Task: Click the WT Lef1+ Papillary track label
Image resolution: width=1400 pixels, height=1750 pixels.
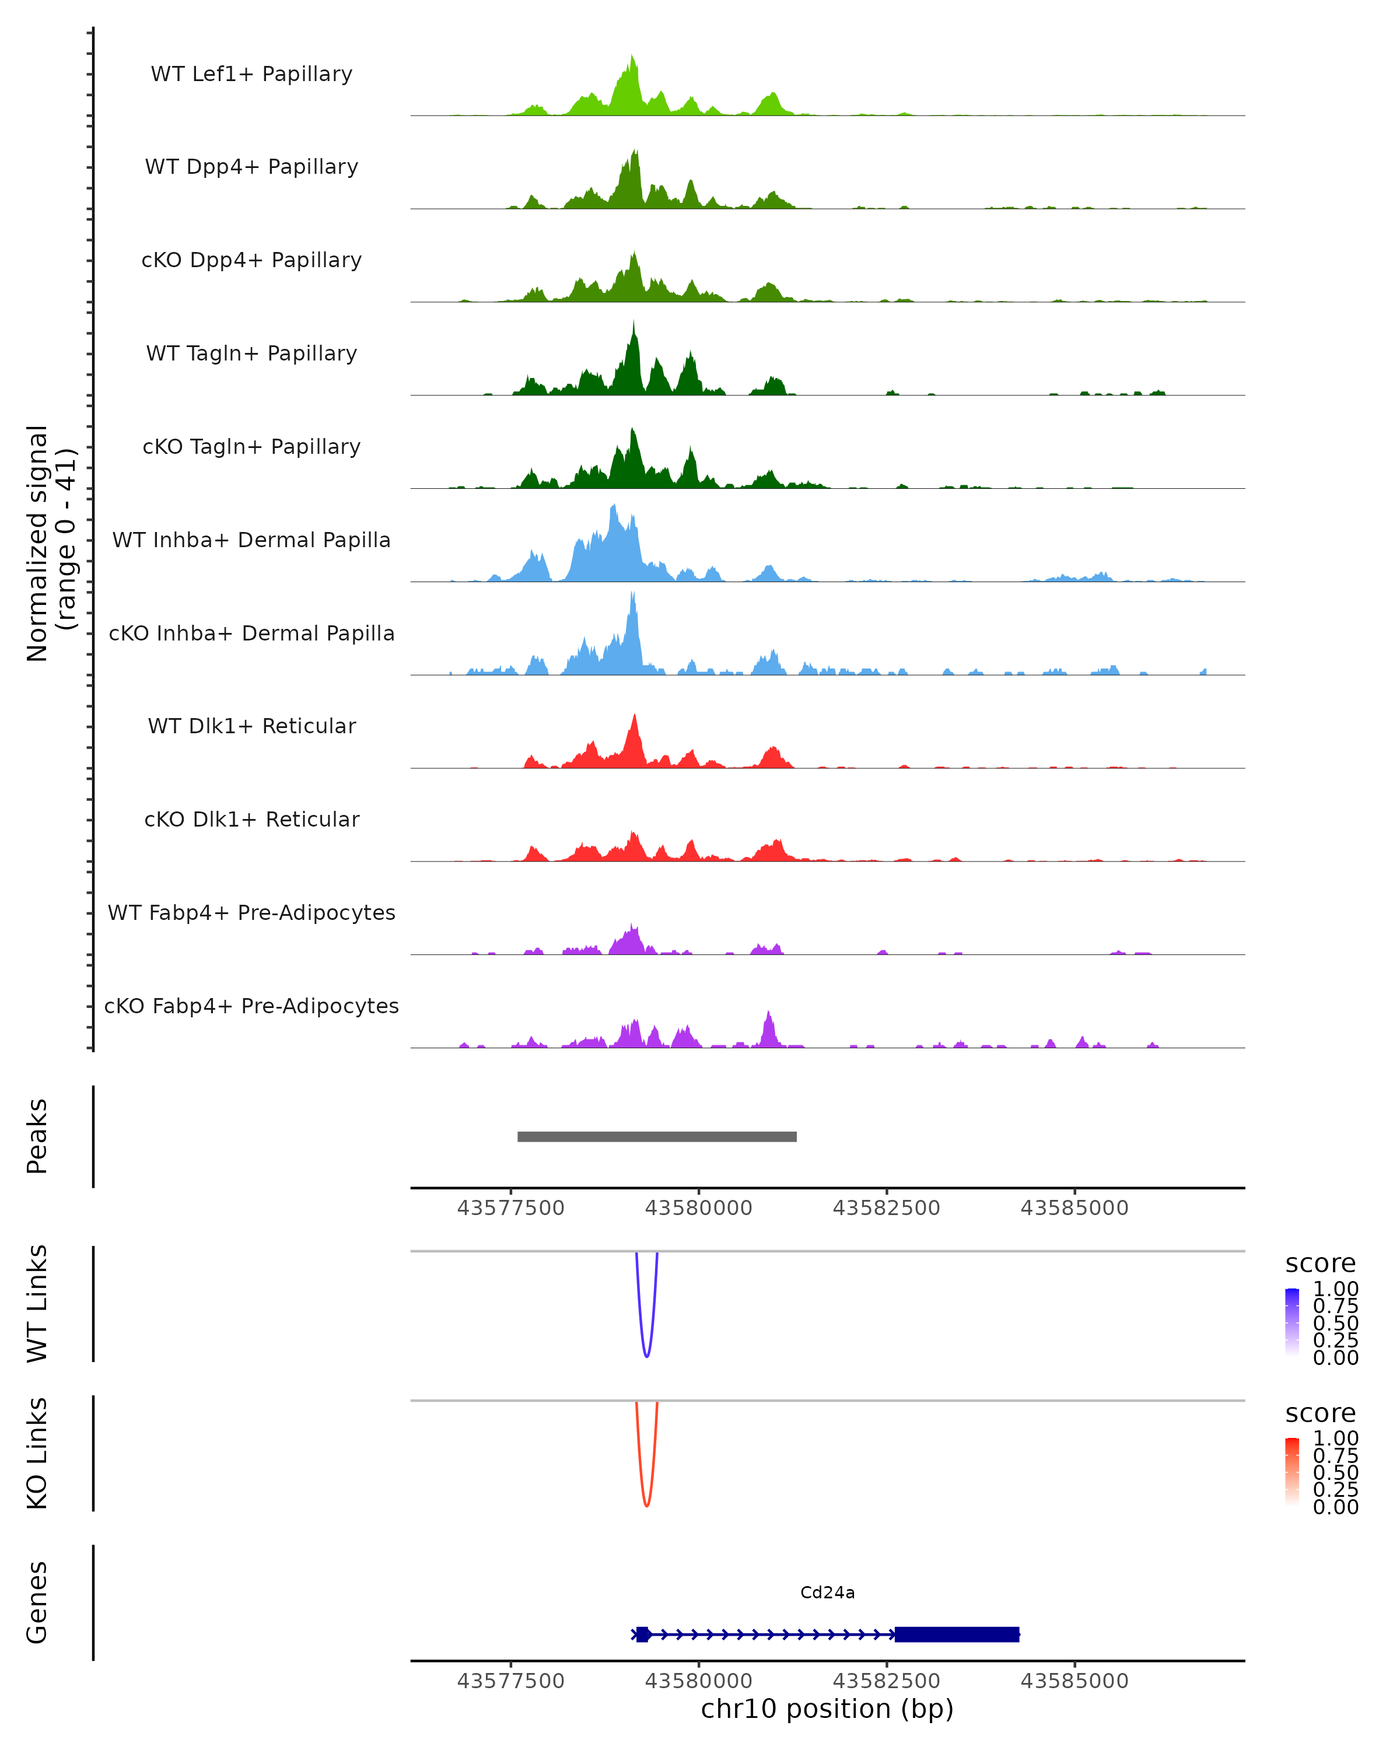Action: point(251,74)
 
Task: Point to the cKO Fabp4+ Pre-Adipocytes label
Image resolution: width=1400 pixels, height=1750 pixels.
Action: point(251,1006)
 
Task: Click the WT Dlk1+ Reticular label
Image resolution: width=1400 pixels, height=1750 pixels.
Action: point(251,726)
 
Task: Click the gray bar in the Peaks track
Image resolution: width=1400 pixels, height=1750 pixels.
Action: point(657,1136)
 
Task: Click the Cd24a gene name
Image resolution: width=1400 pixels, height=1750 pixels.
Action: point(827,1592)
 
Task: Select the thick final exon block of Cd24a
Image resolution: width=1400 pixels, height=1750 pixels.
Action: point(956,1634)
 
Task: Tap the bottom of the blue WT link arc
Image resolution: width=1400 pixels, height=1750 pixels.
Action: point(646,1356)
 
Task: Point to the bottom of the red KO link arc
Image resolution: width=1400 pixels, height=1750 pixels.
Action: point(646,1506)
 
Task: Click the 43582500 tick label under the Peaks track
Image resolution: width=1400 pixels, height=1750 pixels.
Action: point(886,1208)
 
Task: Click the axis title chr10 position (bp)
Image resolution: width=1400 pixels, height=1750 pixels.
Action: point(827,1709)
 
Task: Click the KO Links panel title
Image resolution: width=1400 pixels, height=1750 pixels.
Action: point(37,1453)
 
